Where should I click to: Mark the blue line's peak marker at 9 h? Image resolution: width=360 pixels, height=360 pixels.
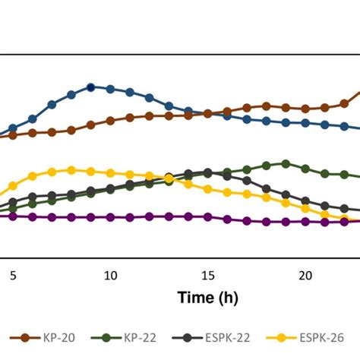point(90,87)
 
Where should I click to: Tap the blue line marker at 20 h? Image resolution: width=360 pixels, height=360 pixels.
point(305,122)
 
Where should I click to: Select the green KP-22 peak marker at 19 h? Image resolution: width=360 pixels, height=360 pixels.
point(286,163)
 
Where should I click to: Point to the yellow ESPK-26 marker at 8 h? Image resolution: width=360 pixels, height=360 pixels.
point(71,170)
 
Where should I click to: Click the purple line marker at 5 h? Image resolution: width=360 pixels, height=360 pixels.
point(13,216)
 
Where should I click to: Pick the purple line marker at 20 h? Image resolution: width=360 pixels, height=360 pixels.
point(305,222)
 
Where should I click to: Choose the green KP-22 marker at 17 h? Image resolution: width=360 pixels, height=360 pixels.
point(247,169)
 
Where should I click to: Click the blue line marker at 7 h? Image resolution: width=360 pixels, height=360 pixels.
point(52,104)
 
